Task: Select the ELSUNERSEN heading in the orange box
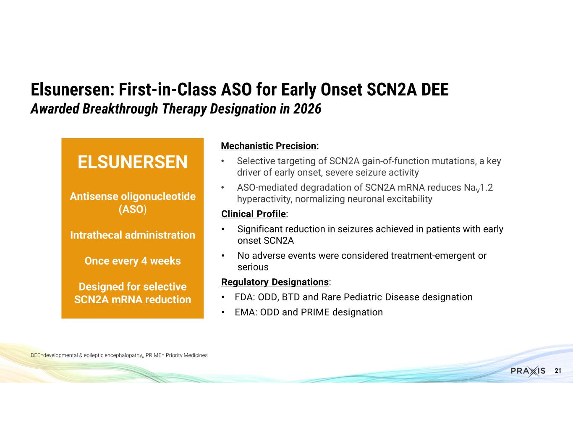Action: (132, 162)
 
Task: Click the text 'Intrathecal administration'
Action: (133, 235)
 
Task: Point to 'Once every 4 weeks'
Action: (133, 261)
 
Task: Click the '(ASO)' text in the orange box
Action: (133, 210)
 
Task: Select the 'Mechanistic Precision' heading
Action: (268, 146)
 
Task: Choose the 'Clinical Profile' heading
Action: (254, 214)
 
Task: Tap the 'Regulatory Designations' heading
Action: (275, 282)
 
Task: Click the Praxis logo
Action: (528, 371)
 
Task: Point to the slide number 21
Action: (558, 371)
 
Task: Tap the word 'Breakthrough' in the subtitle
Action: (120, 109)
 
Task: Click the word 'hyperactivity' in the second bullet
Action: (264, 199)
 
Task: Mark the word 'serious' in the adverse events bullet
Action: (253, 267)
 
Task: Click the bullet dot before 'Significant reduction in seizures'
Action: (223, 229)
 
